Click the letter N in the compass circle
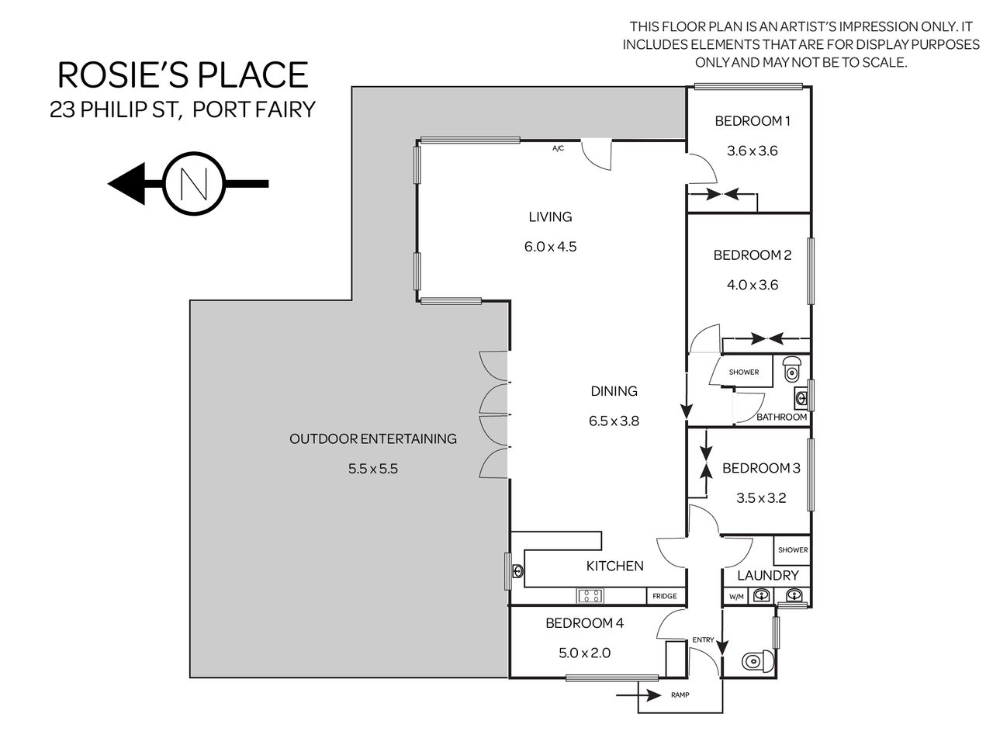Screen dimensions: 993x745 click(x=194, y=184)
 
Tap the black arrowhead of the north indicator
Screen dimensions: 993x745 click(x=126, y=184)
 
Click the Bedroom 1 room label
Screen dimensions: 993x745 click(x=753, y=121)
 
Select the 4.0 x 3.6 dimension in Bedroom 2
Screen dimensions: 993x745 click(x=753, y=285)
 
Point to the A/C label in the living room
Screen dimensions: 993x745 click(x=559, y=148)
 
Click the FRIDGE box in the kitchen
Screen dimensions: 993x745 click(x=665, y=596)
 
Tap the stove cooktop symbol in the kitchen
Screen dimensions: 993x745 click(x=590, y=596)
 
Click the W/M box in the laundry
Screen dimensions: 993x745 click(x=736, y=597)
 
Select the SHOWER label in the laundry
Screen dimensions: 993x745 click(x=793, y=550)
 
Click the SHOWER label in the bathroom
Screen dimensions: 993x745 click(x=744, y=372)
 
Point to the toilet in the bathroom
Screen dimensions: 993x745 click(x=792, y=368)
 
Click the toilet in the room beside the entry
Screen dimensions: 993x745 click(x=758, y=662)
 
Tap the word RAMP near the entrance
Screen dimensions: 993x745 click(x=680, y=695)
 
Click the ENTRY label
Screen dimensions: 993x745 click(x=703, y=639)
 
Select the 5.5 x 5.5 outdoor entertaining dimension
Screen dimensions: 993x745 click(x=373, y=469)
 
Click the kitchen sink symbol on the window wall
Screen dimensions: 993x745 click(x=518, y=571)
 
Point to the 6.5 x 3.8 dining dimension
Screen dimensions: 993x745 click(x=614, y=421)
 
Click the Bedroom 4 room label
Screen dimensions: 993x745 click(x=584, y=623)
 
